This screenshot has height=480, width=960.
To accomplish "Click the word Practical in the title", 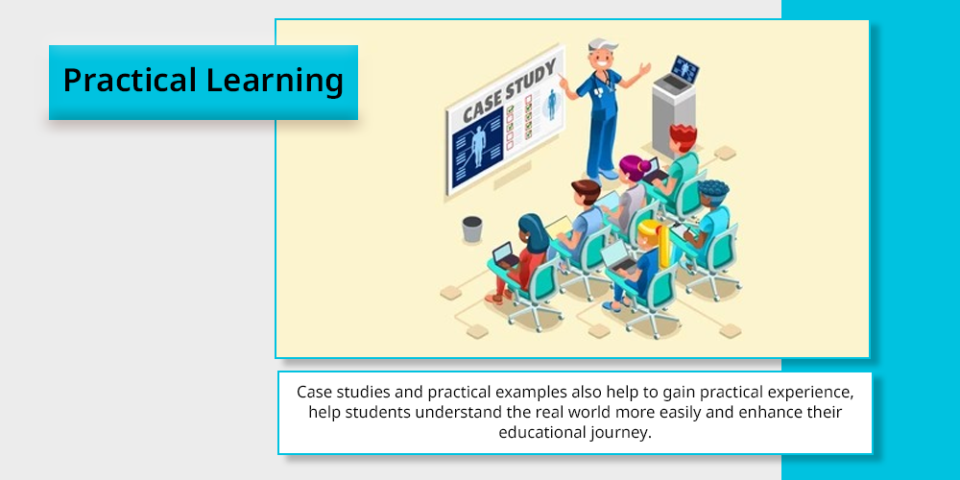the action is click(130, 81).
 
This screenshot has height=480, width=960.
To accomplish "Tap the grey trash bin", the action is click(472, 228).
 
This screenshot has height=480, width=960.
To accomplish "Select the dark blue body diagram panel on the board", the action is click(477, 148).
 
